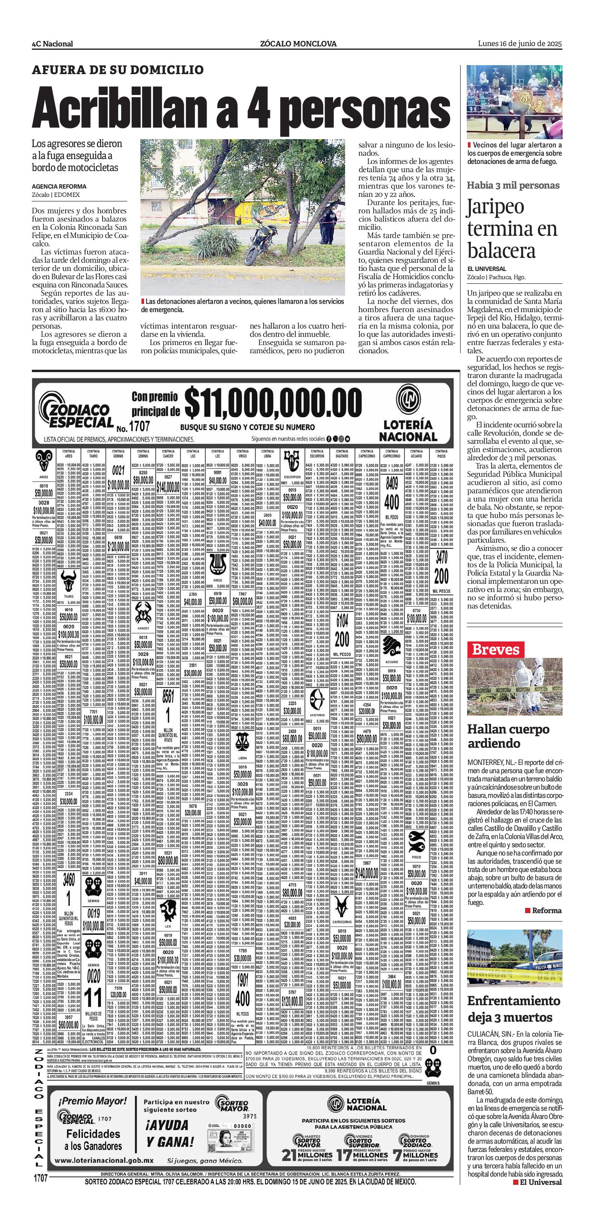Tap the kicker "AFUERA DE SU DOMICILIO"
click(118, 70)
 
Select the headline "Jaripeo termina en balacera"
click(512, 229)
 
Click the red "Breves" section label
click(496, 650)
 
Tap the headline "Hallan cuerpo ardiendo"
click(508, 736)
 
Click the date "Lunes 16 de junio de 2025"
click(520, 43)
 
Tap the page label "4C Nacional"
click(52, 44)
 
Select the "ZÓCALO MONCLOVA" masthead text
click(298, 44)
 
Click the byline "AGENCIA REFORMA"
click(59, 187)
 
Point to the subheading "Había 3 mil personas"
click(513, 186)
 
